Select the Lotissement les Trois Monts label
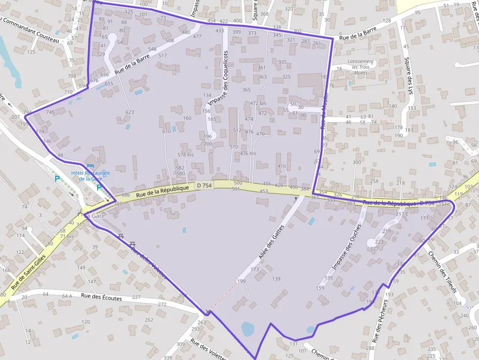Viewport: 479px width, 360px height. [x=360, y=67]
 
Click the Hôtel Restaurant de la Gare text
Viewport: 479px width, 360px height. [x=90, y=175]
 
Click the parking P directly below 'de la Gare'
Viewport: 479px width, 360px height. [x=99, y=187]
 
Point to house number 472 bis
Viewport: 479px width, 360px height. [x=258, y=103]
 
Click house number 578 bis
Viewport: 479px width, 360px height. [x=186, y=154]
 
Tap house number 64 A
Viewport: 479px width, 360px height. [x=67, y=296]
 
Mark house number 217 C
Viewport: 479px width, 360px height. [x=402, y=214]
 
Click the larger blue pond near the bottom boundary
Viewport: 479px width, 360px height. [x=248, y=329]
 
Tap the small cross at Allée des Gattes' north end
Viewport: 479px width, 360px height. [x=295, y=199]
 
